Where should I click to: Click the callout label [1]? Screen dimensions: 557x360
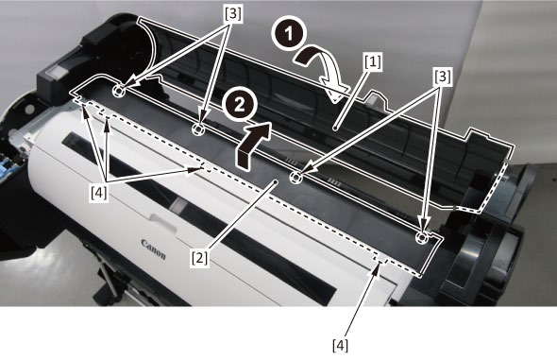(x=373, y=62)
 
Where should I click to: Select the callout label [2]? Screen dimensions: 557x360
(x=199, y=258)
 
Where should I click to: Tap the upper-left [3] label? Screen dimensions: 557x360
(x=232, y=14)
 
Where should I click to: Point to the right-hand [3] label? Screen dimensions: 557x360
(x=442, y=77)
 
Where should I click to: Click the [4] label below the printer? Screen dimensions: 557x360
(x=340, y=346)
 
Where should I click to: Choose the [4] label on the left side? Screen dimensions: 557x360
(x=99, y=194)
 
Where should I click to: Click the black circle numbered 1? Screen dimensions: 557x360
(x=289, y=33)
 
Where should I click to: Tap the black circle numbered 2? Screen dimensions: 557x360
(x=239, y=106)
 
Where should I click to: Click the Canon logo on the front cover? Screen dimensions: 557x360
(x=154, y=249)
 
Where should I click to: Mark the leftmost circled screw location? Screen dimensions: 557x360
(x=118, y=91)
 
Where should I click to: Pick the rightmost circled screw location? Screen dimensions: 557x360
(x=421, y=237)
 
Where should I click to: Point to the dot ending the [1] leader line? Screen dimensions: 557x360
(x=336, y=128)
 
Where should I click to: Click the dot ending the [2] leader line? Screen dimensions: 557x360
(x=276, y=181)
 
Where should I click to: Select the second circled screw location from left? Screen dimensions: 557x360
(x=197, y=129)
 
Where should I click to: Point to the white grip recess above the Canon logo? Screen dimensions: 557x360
(x=163, y=222)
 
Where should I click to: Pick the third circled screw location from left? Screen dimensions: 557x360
(x=295, y=177)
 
